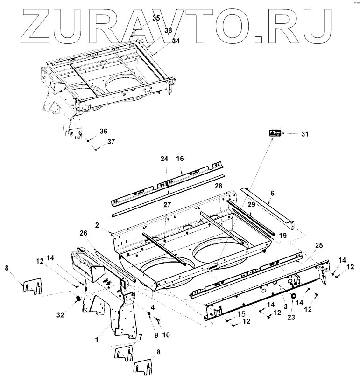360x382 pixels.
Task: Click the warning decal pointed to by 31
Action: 274,133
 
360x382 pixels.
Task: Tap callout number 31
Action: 304,134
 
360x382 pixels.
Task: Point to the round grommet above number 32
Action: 78,298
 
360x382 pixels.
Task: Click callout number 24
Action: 164,159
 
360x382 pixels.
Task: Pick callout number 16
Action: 180,159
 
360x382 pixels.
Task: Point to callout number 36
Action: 103,131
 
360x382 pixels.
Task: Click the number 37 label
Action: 111,141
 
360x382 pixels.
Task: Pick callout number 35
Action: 156,18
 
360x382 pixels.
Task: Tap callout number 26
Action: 84,233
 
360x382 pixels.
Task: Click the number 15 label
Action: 241,314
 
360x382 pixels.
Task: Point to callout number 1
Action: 96,340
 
